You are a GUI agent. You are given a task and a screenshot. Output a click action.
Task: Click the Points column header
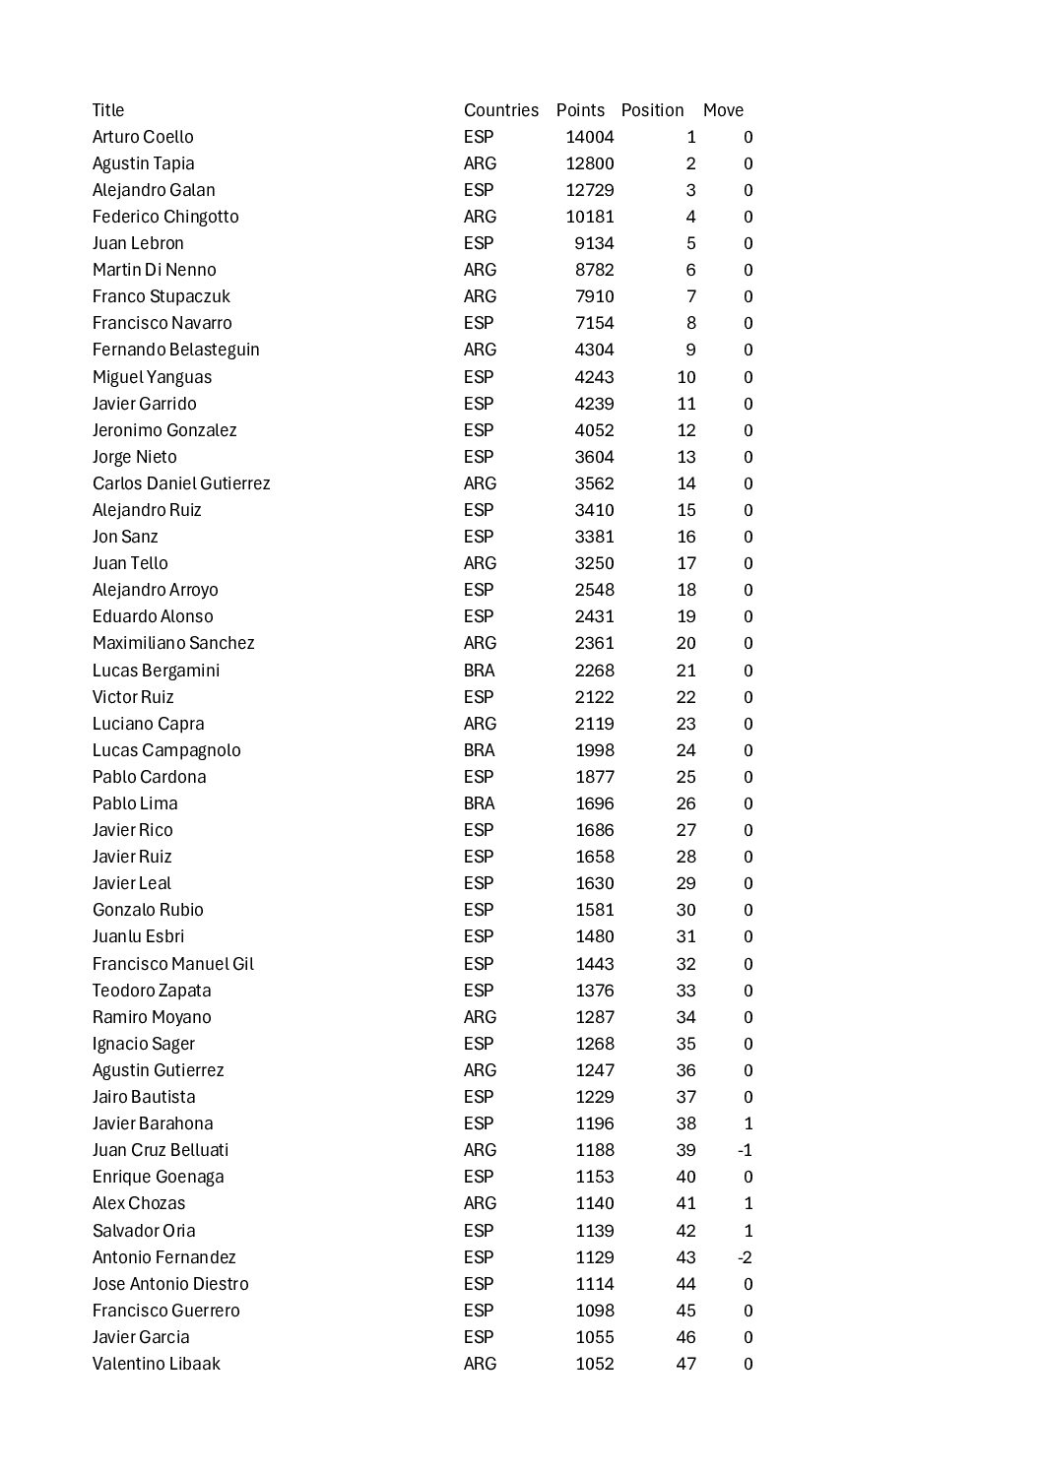[x=580, y=110]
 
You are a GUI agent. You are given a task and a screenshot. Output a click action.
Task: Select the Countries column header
[x=500, y=110]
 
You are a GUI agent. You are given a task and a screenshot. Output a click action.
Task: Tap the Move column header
[x=723, y=110]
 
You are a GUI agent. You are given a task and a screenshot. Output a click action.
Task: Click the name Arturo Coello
[x=143, y=137]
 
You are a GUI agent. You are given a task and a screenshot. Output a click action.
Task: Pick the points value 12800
[x=589, y=163]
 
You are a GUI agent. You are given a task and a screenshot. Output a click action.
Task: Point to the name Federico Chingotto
[x=165, y=217]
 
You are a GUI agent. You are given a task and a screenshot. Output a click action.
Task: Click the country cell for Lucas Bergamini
[x=479, y=671]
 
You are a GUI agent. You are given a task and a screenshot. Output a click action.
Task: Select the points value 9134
[x=594, y=243]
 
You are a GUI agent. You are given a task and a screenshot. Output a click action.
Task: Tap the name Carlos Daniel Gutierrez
[x=181, y=483]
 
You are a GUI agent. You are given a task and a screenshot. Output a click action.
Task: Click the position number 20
[x=685, y=643]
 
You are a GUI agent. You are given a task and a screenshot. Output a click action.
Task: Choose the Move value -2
[x=745, y=1257]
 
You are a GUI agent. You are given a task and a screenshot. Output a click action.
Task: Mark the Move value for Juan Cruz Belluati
[x=745, y=1150]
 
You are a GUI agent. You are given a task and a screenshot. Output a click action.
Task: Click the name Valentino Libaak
[x=157, y=1364]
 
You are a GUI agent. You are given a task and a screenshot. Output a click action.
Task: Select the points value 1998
[x=594, y=750]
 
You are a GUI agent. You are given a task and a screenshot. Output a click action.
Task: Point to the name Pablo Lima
[x=135, y=803]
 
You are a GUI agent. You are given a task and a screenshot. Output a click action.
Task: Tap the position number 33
[x=685, y=991]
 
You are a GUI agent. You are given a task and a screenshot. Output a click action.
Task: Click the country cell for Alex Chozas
[x=480, y=1203]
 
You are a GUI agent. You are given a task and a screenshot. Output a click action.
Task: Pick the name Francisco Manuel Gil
[x=173, y=964]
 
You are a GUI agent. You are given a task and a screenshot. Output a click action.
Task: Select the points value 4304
[x=594, y=350]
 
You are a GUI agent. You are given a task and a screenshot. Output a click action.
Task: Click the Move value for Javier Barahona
[x=749, y=1123]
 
